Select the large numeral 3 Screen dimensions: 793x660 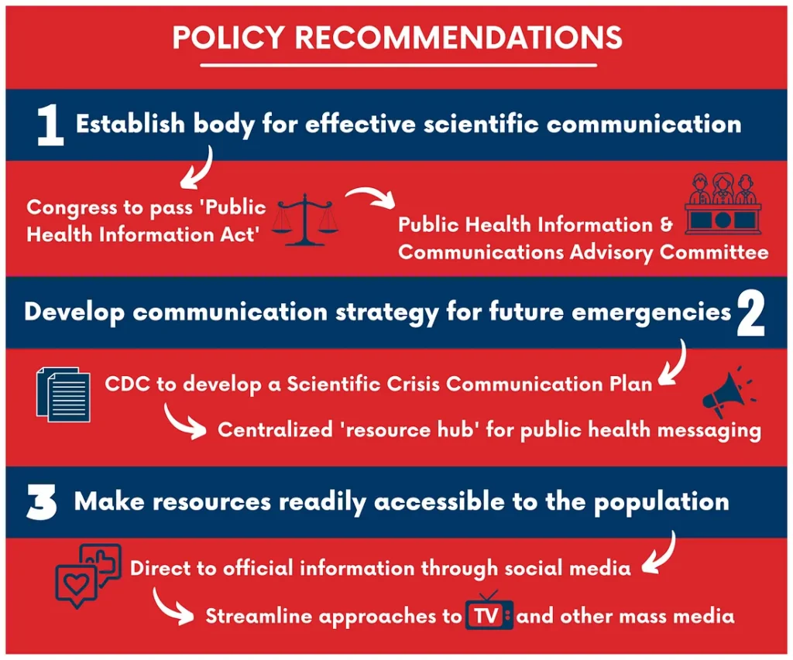click(x=42, y=502)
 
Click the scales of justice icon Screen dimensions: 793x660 click(x=305, y=219)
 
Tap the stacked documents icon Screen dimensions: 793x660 click(x=64, y=395)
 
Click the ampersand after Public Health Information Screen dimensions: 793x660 click(x=667, y=224)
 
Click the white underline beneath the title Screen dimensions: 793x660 click(x=399, y=65)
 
